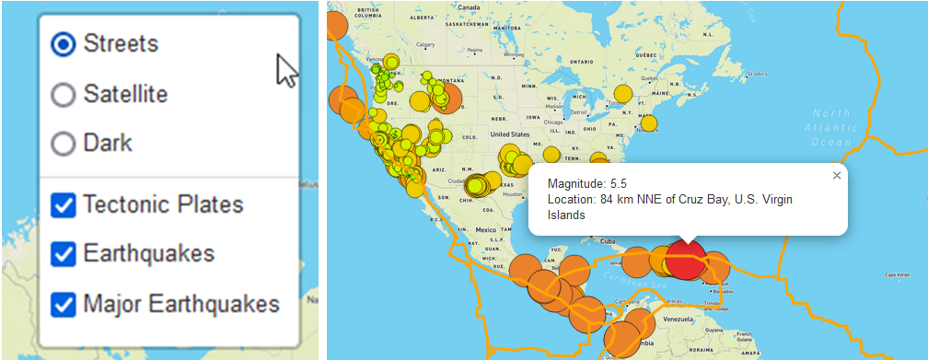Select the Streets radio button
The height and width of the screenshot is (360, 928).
[x=64, y=44]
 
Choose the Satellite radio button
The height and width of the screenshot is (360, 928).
[x=64, y=95]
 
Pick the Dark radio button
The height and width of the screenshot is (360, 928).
[x=64, y=144]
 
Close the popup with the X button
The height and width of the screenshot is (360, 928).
[x=836, y=175]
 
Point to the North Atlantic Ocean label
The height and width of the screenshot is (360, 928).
[x=832, y=127]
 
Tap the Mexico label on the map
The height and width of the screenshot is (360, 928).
[x=486, y=228]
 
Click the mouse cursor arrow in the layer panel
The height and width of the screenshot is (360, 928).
[x=286, y=69]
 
